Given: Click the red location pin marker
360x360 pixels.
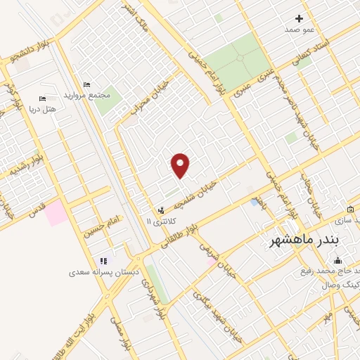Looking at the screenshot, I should tap(181, 165).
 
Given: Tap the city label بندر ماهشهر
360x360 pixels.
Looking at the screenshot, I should tap(304, 240).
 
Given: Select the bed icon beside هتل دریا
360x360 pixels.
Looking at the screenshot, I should tap(41, 98).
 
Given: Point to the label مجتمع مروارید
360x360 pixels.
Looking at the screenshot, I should tap(87, 94).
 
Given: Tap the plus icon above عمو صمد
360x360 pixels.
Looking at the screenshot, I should tap(299, 18).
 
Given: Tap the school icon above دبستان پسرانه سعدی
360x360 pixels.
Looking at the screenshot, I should tap(104, 261).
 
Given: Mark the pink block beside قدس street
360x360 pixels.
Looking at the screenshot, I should tap(57, 213).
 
